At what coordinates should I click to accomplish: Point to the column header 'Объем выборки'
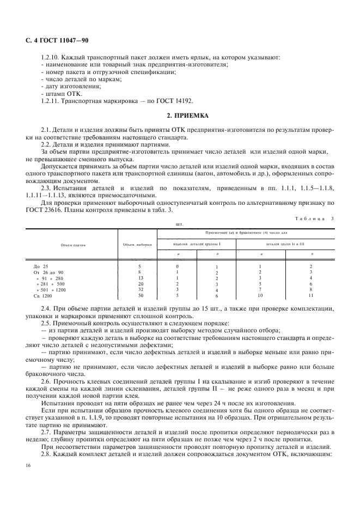click(137, 245)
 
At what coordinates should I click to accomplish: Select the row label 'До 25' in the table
click(41, 266)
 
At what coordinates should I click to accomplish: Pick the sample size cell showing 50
click(139, 295)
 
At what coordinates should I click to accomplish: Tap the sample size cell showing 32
click(139, 289)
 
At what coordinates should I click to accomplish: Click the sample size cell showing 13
click(139, 278)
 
